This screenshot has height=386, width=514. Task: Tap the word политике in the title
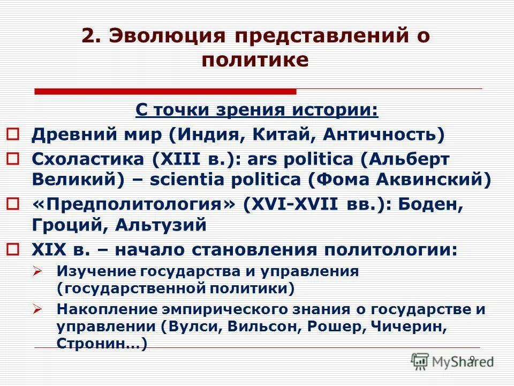[255, 60]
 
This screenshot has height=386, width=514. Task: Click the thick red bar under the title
[165, 92]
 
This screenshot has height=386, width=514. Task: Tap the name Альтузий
[161, 225]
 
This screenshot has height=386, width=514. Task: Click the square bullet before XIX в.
[14, 249]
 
